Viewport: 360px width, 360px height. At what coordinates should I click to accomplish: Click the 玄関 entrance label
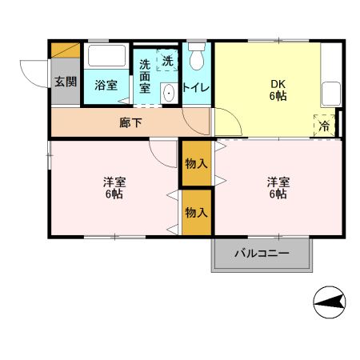pyautogui.click(x=65, y=82)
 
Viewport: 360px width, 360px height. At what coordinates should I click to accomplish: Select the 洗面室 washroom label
pyautogui.click(x=145, y=76)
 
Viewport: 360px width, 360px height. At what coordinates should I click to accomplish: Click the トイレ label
pyautogui.click(x=196, y=86)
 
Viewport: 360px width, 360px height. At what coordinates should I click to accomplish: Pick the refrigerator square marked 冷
pyautogui.click(x=325, y=126)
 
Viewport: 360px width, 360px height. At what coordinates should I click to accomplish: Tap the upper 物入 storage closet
pyautogui.click(x=196, y=163)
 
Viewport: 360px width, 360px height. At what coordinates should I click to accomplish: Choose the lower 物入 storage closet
pyautogui.click(x=196, y=212)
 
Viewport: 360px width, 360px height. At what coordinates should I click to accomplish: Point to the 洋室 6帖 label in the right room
pyautogui.click(x=278, y=188)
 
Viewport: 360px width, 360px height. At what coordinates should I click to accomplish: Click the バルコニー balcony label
pyautogui.click(x=262, y=255)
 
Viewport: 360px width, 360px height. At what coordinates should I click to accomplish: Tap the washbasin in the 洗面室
pyautogui.click(x=168, y=94)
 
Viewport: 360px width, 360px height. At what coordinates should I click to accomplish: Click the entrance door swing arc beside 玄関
pyautogui.click(x=34, y=74)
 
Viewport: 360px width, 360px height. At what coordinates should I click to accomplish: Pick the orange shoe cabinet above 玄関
pyautogui.click(x=65, y=50)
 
